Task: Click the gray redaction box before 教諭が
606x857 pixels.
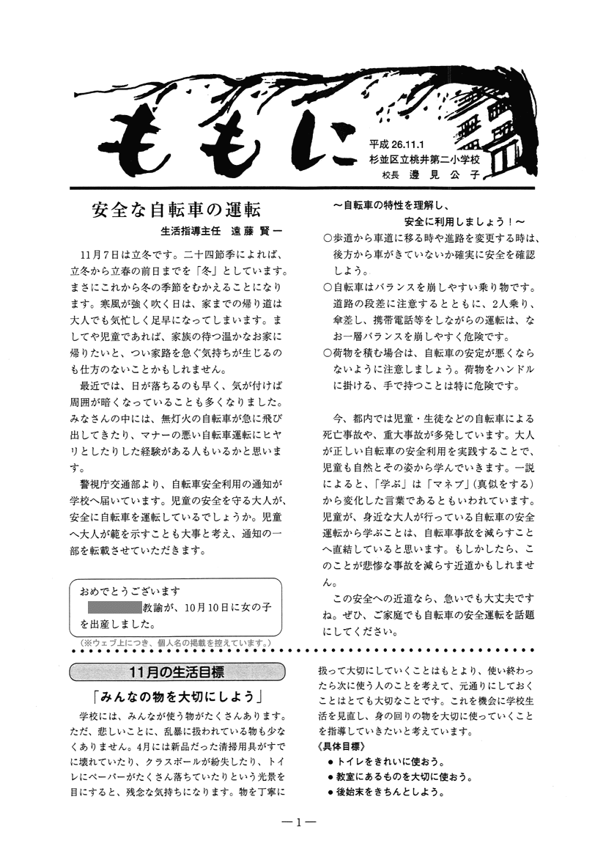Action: (x=114, y=607)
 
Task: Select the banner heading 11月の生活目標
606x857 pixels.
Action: (x=176, y=672)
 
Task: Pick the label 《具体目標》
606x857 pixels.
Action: (x=343, y=746)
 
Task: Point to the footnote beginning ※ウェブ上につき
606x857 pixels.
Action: (x=176, y=642)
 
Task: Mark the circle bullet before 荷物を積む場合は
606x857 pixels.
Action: (x=327, y=353)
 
